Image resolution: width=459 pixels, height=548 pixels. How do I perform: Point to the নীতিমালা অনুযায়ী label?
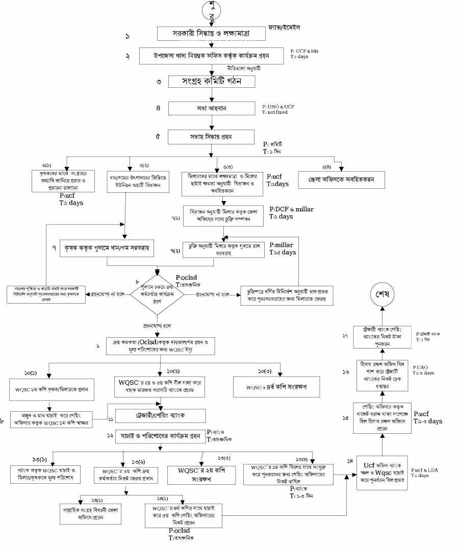(247, 67)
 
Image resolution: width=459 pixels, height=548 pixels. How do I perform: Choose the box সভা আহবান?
(210, 109)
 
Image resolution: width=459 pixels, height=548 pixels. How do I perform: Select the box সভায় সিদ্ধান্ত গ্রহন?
(211, 137)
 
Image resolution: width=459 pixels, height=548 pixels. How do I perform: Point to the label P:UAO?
(421, 367)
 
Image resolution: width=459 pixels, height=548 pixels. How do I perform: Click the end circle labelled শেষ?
(381, 296)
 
